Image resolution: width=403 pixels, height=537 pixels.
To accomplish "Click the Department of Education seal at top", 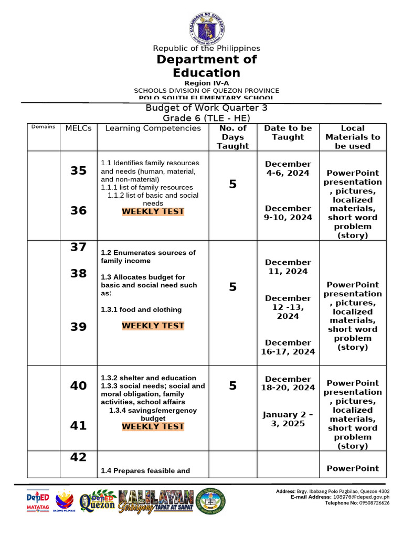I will [206, 26].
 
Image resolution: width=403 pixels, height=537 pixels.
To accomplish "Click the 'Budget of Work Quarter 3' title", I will [206, 108].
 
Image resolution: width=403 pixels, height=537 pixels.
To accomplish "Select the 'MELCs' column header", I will [78, 128].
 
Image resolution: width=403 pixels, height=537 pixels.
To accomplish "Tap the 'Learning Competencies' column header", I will [153, 128].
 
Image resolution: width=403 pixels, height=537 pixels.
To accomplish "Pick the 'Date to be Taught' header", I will [288, 133].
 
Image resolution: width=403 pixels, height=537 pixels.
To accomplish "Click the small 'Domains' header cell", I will [43, 127].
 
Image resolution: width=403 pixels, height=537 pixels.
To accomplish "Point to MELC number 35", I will [78, 170].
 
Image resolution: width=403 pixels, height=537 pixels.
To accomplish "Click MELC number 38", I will [78, 273].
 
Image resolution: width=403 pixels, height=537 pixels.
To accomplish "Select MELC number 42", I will [78, 457].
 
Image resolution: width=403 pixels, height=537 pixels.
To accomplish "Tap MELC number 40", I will [78, 386].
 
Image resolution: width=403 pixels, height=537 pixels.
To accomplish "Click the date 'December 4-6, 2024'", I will [288, 168].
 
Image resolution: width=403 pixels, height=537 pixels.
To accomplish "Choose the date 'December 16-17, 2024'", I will [288, 347].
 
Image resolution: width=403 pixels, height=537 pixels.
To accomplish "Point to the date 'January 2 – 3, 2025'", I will [288, 419].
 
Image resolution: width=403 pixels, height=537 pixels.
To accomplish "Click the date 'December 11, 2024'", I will [288, 267].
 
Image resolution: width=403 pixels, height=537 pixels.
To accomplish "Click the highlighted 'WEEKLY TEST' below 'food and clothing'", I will [153, 326].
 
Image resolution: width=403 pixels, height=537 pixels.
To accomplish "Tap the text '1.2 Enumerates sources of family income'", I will [148, 257].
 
